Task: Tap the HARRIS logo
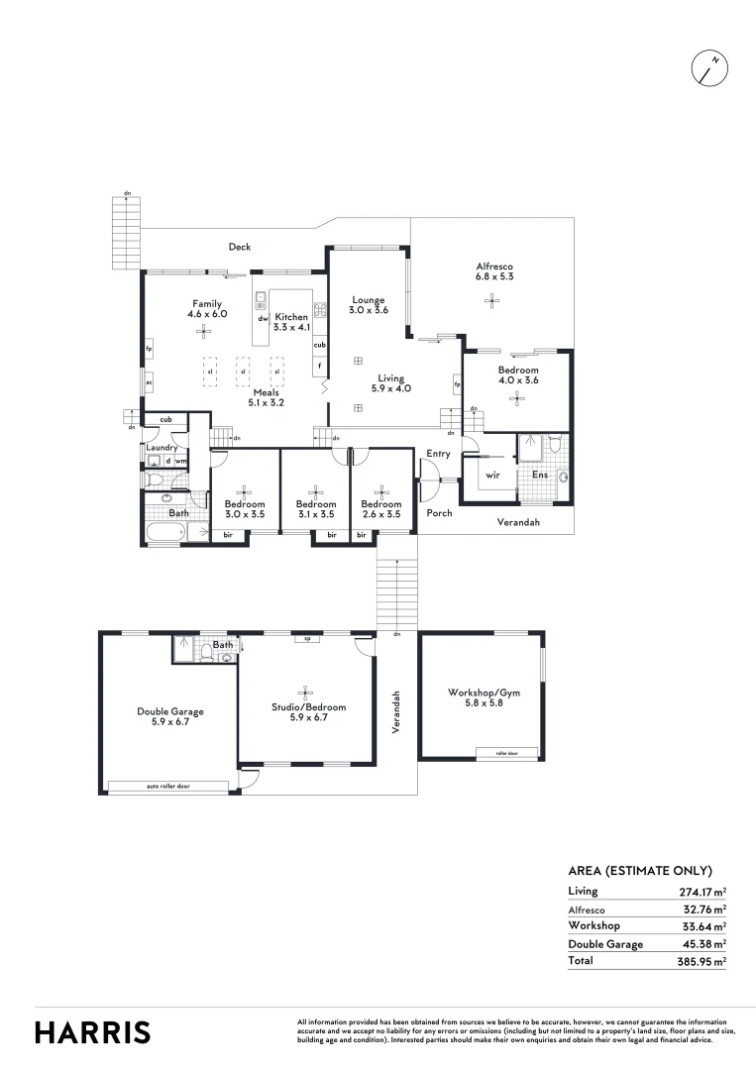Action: point(93,1031)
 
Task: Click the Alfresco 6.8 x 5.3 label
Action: point(493,271)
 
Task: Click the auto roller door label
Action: point(167,787)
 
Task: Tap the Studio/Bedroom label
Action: point(308,712)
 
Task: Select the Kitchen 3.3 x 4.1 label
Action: point(291,322)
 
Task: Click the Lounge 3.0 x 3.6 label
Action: point(368,305)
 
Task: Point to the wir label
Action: point(490,476)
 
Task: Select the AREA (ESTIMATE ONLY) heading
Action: point(639,871)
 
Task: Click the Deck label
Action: point(240,247)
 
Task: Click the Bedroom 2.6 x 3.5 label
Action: point(380,509)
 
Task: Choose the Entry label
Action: point(438,454)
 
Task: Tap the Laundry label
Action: point(161,448)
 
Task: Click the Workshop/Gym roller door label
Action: point(510,754)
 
